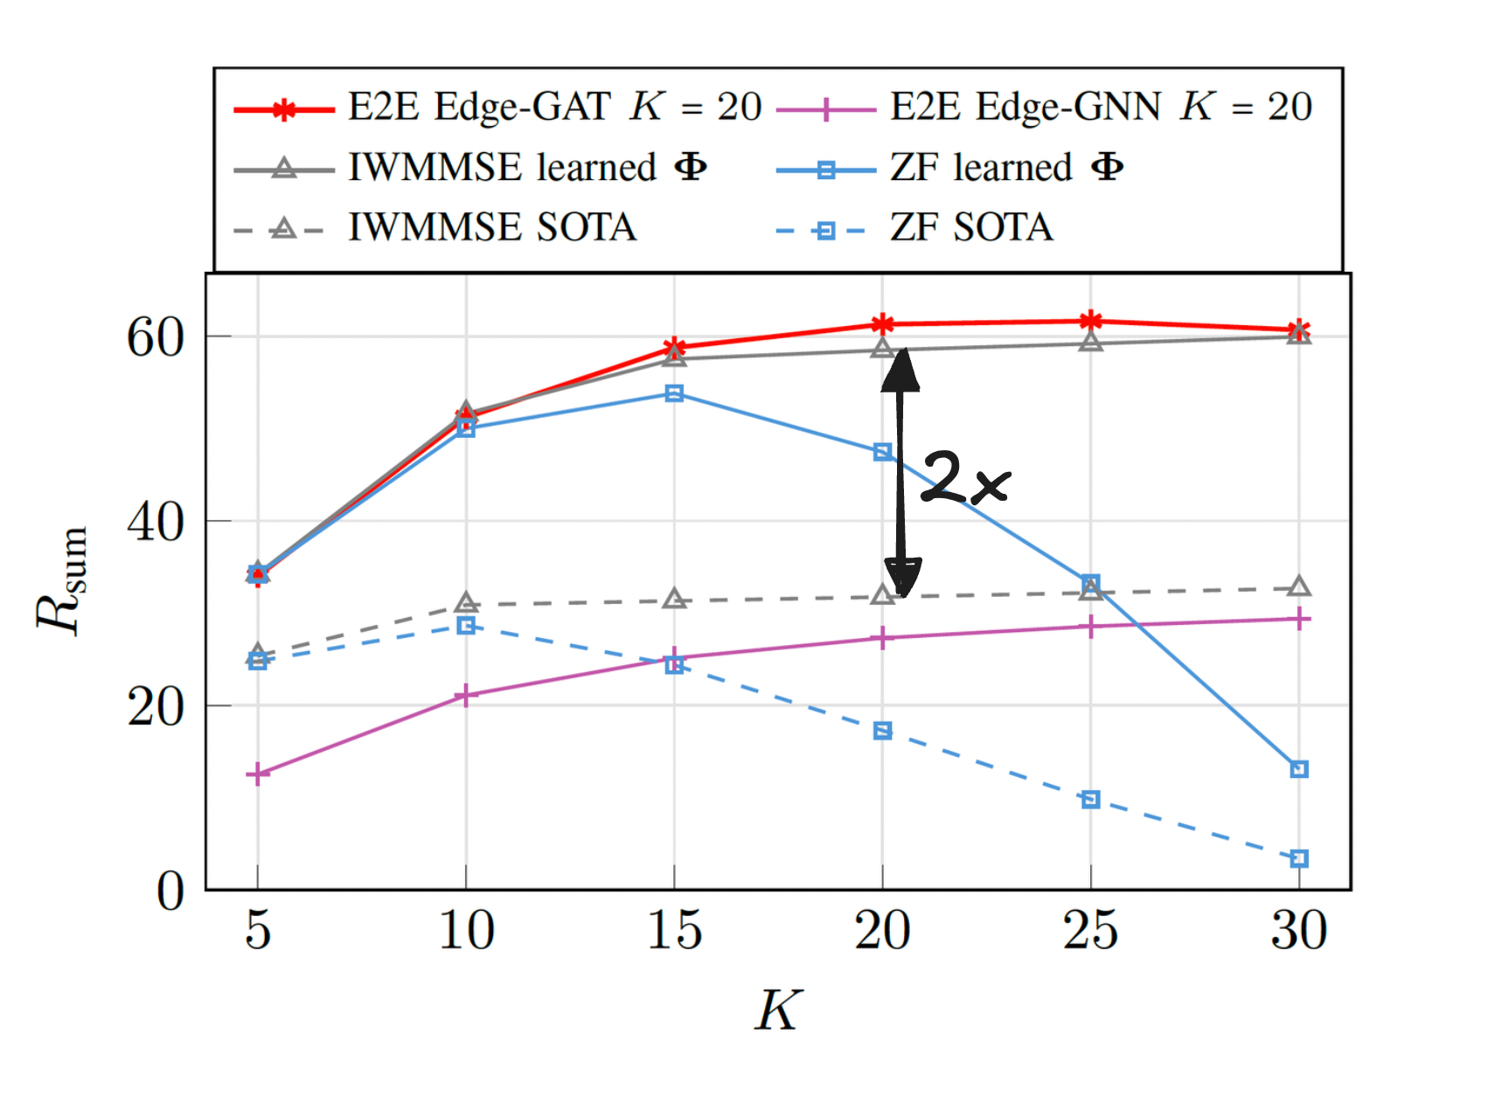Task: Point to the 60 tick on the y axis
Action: (156, 337)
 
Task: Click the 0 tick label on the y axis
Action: (170, 891)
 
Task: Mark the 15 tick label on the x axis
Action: (674, 930)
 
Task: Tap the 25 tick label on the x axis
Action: (1090, 930)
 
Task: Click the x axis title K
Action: (777, 1011)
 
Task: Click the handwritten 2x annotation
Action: (965, 478)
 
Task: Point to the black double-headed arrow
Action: (901, 472)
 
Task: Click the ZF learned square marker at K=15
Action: (674, 393)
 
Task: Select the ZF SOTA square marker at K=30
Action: (1299, 858)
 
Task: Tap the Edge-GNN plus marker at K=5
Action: (257, 773)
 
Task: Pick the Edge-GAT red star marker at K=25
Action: (1090, 322)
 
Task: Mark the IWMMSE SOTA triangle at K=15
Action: (674, 600)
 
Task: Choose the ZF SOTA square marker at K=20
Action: (882, 730)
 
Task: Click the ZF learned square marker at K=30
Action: (1299, 769)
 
